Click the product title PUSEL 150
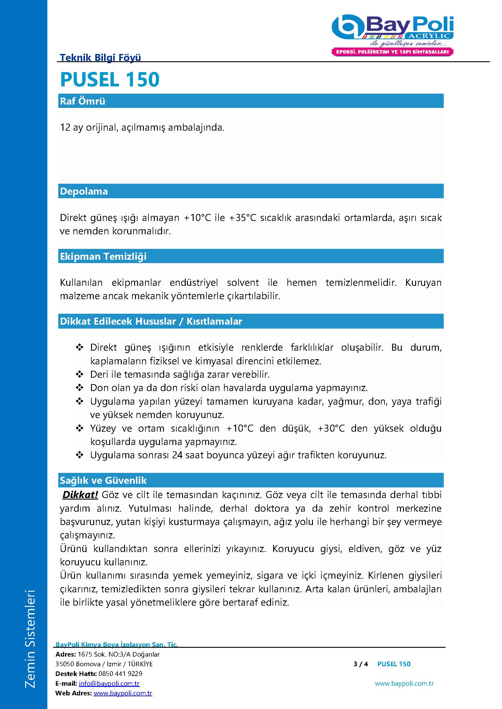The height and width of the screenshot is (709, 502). [110, 79]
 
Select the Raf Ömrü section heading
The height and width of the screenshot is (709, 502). [83, 101]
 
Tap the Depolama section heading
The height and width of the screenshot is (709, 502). [84, 191]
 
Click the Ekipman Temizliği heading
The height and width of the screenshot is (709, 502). [103, 256]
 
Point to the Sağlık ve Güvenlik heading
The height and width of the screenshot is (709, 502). [103, 480]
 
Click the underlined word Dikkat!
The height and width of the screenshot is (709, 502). [80, 495]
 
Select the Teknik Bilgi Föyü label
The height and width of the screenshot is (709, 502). [100, 57]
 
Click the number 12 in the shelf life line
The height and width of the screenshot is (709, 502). [65, 127]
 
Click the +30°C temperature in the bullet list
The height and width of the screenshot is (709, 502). [331, 428]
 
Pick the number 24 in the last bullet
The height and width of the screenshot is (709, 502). [178, 455]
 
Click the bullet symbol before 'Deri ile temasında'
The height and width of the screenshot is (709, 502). [80, 375]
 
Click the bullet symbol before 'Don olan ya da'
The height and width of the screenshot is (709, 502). [80, 388]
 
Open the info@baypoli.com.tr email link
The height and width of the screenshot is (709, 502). [109, 683]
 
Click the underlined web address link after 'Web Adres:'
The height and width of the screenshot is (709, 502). [123, 693]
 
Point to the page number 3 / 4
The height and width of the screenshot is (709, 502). [361, 664]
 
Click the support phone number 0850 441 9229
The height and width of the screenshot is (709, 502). [120, 674]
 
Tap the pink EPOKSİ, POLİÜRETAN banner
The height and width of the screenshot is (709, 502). [392, 52]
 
